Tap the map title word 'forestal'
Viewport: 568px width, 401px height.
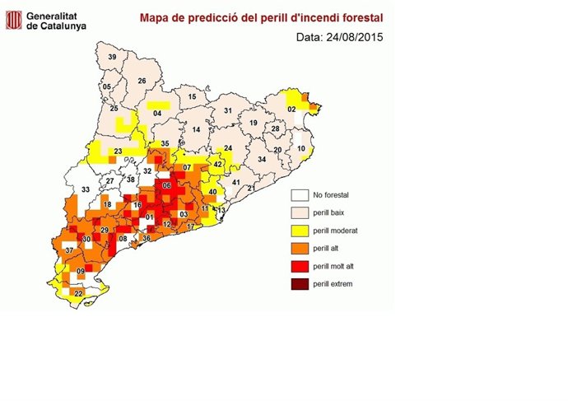pos(359,16)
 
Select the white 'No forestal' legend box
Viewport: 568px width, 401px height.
pos(300,195)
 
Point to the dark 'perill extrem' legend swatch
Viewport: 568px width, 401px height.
pos(300,284)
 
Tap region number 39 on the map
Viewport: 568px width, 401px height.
pos(112,57)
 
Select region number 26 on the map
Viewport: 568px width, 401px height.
pos(142,81)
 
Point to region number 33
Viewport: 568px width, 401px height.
pos(84,190)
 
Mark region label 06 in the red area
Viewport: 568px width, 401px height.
pos(167,186)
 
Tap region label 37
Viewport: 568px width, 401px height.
pos(69,250)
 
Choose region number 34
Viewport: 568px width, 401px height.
pos(262,159)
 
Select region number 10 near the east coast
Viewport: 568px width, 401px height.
pos(301,149)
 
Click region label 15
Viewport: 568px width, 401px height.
pos(193,97)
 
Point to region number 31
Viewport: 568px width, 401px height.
pos(228,110)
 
